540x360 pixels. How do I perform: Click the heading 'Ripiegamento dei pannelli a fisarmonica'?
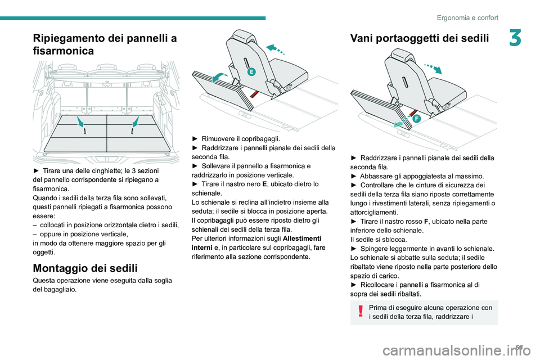pyautogui.click(x=105, y=44)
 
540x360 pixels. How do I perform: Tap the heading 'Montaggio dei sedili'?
pyautogui.click(x=85, y=268)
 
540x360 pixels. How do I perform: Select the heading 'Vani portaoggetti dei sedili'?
pyautogui.click(x=420, y=38)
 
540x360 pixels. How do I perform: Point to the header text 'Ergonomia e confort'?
pyautogui.click(x=467, y=17)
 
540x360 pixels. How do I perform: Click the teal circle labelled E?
pyautogui.click(x=252, y=71)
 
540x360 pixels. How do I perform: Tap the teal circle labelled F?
pyautogui.click(x=416, y=119)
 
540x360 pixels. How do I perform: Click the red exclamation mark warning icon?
pyautogui.click(x=361, y=310)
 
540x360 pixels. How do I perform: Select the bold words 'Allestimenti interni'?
pyautogui.click(x=256, y=243)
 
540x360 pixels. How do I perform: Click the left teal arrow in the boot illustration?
pyautogui.click(x=80, y=121)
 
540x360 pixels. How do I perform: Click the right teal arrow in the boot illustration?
pyautogui.click(x=136, y=121)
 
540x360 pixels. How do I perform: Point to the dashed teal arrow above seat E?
pyautogui.click(x=276, y=49)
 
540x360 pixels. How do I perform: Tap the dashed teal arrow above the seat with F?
pyautogui.click(x=433, y=68)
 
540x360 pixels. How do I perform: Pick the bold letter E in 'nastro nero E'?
pyautogui.click(x=264, y=184)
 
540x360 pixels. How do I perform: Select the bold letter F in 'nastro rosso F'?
pyautogui.click(x=427, y=221)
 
